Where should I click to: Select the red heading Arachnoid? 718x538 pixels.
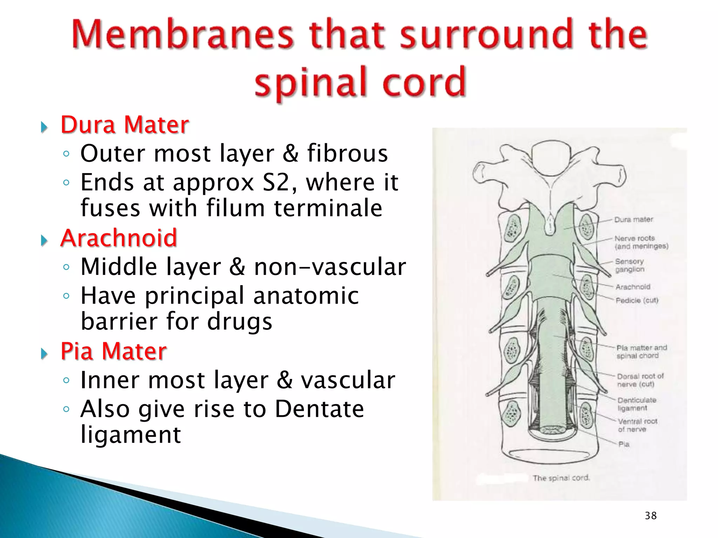pos(119,238)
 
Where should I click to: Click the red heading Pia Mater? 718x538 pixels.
pos(114,351)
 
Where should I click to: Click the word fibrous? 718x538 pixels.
pos(347,153)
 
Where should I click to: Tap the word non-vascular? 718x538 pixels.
pos(330,267)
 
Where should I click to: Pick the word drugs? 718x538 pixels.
pos(239,321)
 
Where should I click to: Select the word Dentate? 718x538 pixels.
pos(319,409)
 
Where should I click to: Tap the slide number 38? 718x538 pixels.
pos(651,516)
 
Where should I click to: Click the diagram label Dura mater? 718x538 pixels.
pos(634,220)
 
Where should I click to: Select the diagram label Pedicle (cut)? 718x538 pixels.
pos(637,301)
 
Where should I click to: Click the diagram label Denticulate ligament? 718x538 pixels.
pos(637,404)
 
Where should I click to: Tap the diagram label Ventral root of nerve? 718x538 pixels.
pos(637,425)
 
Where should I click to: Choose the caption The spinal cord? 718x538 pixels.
pos(561,478)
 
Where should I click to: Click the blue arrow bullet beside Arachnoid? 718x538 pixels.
pos(44,240)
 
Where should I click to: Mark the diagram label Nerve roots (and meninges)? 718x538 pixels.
pos(641,242)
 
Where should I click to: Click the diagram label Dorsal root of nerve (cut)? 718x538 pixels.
pos(640,380)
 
